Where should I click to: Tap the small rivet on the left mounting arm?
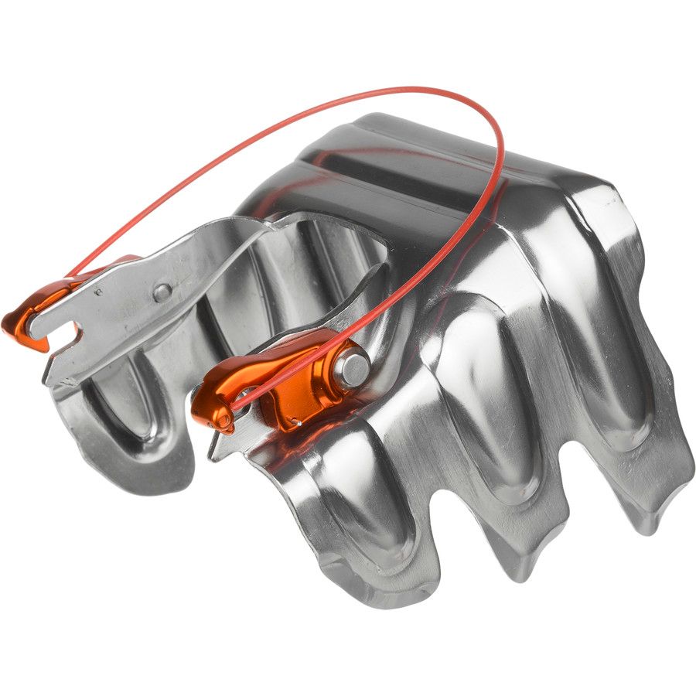coord(162,292)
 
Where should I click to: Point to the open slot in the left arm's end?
coord(65,333)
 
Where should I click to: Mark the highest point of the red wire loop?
coord(402,90)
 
